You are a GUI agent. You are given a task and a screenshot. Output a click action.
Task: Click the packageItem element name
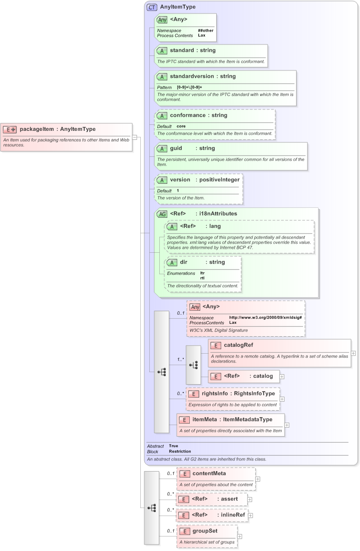(x=36, y=129)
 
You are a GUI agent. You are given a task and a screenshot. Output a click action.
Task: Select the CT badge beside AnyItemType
(x=152, y=7)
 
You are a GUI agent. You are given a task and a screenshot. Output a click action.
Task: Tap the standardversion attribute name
(x=195, y=76)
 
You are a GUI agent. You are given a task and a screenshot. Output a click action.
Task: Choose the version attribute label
(x=180, y=180)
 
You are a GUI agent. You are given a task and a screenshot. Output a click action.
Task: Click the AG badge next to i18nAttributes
(x=162, y=214)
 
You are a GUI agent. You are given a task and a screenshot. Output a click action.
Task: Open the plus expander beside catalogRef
(x=354, y=353)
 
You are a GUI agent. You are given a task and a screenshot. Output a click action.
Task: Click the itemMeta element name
(x=205, y=420)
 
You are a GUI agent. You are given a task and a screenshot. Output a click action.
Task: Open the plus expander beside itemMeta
(x=287, y=425)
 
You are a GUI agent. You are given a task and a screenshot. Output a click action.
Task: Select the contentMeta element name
(x=209, y=474)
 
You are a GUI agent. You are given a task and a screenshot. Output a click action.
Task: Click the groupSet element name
(x=205, y=531)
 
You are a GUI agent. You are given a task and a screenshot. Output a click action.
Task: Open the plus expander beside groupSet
(x=240, y=537)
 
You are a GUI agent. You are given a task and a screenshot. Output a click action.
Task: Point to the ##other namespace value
(x=205, y=30)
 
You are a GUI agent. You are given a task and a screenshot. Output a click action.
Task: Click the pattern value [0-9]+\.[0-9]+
(x=189, y=87)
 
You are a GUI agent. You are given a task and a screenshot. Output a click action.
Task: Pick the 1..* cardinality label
(x=180, y=359)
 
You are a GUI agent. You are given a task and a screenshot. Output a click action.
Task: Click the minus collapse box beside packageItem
(x=135, y=136)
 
